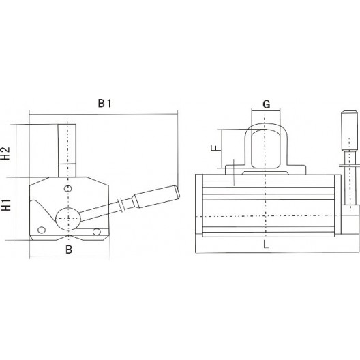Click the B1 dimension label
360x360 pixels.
click(104, 103)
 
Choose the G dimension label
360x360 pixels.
click(267, 104)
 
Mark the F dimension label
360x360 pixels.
click(213, 147)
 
